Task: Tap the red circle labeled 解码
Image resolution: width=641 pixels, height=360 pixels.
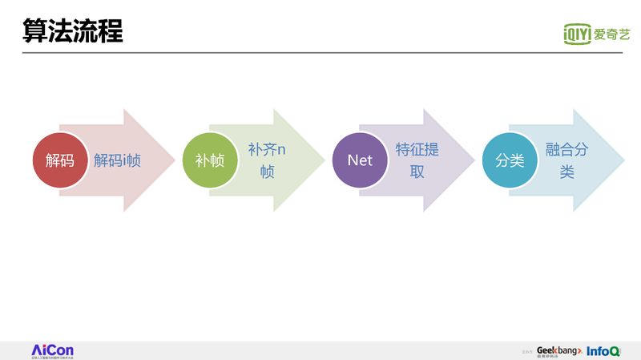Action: click(x=59, y=160)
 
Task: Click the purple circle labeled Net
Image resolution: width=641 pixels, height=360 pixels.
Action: click(x=360, y=160)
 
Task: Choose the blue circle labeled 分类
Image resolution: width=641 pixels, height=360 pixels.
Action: click(x=510, y=160)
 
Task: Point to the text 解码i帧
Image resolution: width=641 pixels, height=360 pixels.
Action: click(x=117, y=160)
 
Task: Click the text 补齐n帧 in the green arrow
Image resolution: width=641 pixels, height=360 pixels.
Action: click(x=267, y=160)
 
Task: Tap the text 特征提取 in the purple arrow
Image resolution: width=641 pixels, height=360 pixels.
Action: click(x=417, y=160)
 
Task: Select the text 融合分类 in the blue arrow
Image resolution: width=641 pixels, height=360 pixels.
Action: click(x=566, y=160)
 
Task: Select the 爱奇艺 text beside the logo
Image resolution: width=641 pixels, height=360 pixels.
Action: click(x=612, y=34)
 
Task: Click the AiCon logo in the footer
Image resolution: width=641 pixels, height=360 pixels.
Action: click(x=52, y=350)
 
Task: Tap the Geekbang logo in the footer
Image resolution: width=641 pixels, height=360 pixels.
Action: click(x=558, y=351)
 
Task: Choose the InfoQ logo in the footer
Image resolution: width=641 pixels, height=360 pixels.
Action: click(x=603, y=351)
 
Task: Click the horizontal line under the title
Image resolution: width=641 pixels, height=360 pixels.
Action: click(x=320, y=53)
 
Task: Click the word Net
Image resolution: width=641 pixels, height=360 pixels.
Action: click(x=360, y=160)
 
